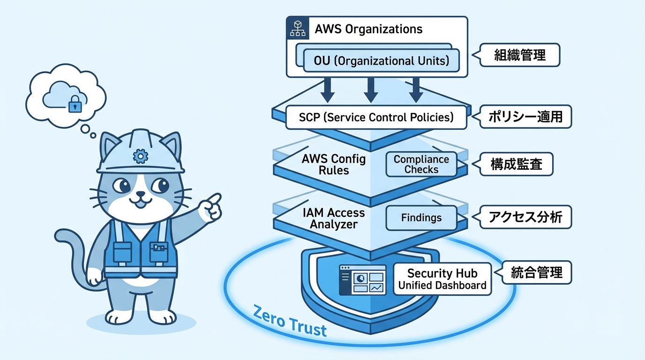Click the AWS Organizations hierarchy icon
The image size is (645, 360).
(297, 28)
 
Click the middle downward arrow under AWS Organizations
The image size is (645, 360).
(371, 90)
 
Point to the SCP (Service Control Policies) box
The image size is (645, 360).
(376, 117)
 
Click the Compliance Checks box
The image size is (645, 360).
(421, 165)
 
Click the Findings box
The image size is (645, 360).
(421, 218)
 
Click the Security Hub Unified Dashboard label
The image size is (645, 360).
(442, 279)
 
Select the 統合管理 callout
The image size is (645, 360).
(536, 272)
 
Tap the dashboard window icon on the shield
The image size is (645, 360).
(363, 280)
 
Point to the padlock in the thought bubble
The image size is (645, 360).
(75, 104)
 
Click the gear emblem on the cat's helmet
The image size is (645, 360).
(139, 155)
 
